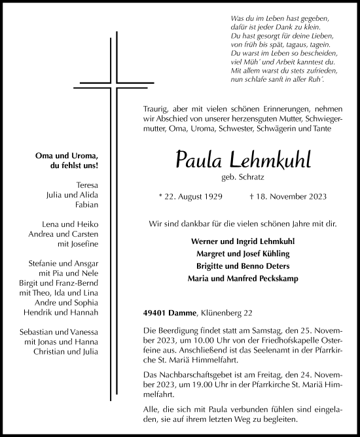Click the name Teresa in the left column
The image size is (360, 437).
click(87, 184)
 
